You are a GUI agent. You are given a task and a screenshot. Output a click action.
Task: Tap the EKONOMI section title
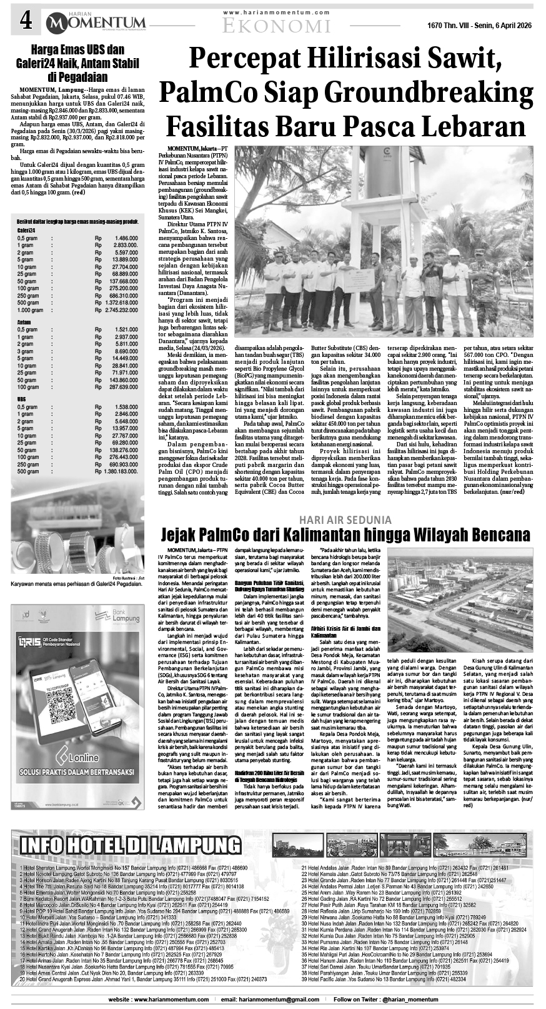277,25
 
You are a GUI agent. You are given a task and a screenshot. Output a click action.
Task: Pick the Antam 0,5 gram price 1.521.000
126,329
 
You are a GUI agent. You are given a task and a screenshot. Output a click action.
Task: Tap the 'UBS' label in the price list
22,398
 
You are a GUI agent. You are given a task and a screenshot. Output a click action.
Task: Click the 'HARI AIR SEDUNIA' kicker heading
345,520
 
